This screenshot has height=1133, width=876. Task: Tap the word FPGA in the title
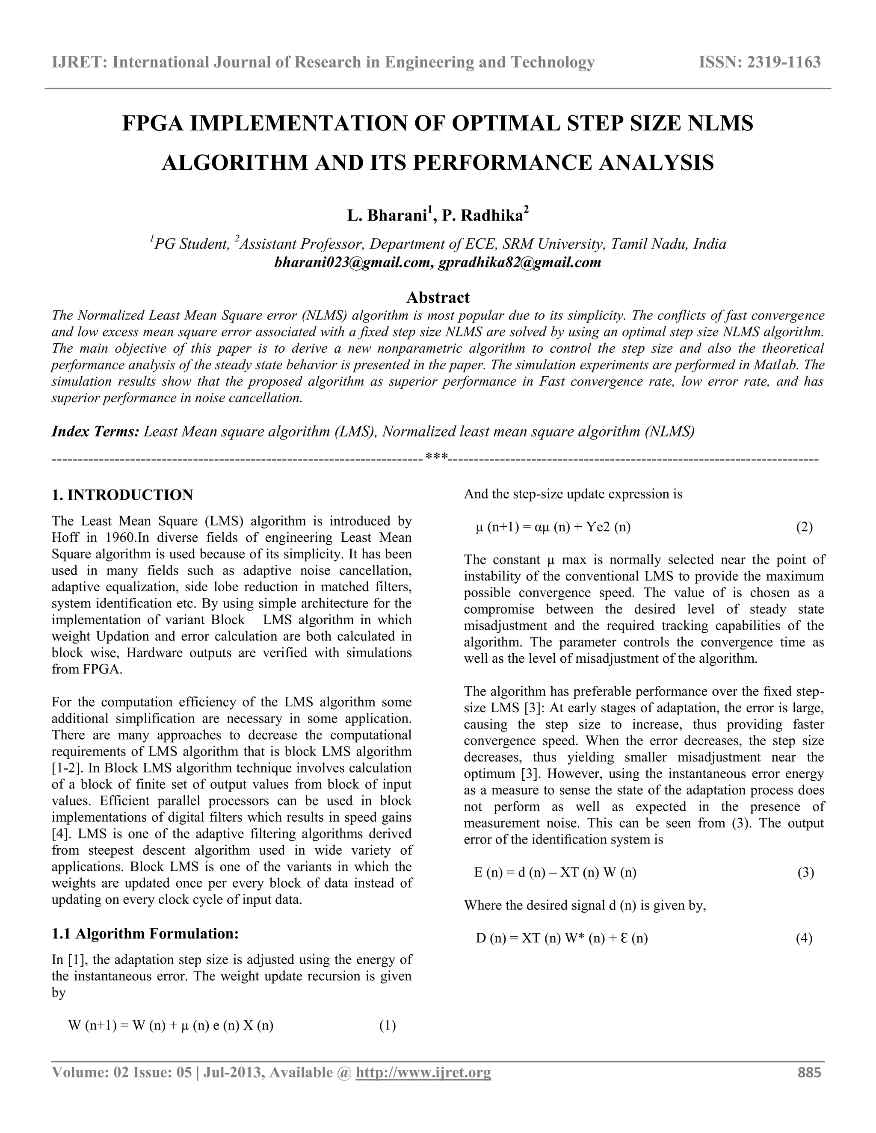pyautogui.click(x=153, y=124)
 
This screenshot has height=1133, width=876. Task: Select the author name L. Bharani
pyautogui.click(x=387, y=215)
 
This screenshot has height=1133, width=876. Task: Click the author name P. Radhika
pyautogui.click(x=482, y=215)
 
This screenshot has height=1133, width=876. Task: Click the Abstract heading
pyautogui.click(x=438, y=297)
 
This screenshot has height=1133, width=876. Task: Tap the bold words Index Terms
pyautogui.click(x=95, y=432)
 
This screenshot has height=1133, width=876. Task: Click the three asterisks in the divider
pyautogui.click(x=436, y=457)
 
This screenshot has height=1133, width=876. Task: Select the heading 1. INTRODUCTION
pyautogui.click(x=122, y=495)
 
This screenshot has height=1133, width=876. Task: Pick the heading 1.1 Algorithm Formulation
pyautogui.click(x=145, y=934)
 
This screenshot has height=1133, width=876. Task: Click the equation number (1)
pyautogui.click(x=387, y=1026)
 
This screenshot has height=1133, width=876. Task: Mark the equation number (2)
pyautogui.click(x=804, y=528)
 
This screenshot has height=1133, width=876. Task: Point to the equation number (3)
pyautogui.click(x=805, y=873)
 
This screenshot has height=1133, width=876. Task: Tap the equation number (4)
pyautogui.click(x=804, y=938)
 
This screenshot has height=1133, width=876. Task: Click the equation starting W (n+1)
pyautogui.click(x=171, y=1026)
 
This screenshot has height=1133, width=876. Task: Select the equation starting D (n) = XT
pyautogui.click(x=562, y=938)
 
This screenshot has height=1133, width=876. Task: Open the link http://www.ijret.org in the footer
pyautogui.click(x=423, y=1072)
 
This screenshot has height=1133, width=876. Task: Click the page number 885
pyautogui.click(x=809, y=1072)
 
